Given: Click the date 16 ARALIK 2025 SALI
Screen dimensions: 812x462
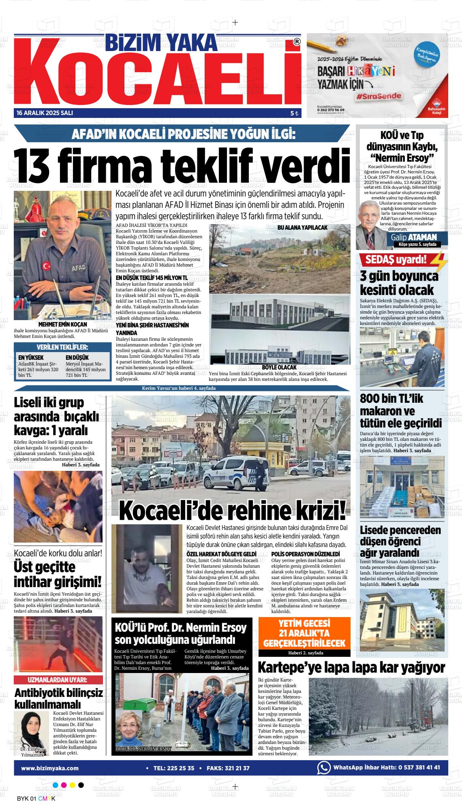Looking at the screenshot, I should pyautogui.click(x=45, y=113).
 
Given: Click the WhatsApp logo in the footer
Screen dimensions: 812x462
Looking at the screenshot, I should pyautogui.click(x=324, y=767).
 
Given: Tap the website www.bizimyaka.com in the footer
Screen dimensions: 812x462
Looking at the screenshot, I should pyautogui.click(x=50, y=768).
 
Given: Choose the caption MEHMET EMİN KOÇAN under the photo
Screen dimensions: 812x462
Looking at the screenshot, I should pyautogui.click(x=62, y=325).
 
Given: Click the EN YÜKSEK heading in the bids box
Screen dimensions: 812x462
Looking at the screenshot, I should pyautogui.click(x=31, y=358).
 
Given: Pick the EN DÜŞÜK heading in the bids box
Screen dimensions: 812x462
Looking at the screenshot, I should pyautogui.click(x=77, y=358).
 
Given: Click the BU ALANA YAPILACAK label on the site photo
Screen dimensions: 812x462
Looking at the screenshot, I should pyautogui.click(x=302, y=228).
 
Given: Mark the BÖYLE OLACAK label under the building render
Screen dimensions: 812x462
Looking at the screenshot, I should pyautogui.click(x=280, y=367).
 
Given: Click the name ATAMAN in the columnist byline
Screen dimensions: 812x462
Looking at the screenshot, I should pyautogui.click(x=423, y=237).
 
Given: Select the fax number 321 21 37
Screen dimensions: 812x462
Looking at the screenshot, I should pyautogui.click(x=234, y=768).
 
